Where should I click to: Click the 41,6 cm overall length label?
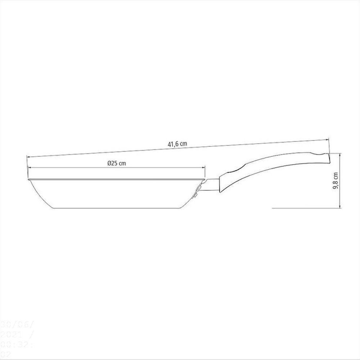(177, 144)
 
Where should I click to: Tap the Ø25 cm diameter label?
(117, 163)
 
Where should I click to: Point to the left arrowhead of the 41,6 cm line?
(27, 156)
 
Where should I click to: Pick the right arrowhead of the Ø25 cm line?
(204, 168)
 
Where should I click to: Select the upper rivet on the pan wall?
(199, 187)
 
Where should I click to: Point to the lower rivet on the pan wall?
(195, 195)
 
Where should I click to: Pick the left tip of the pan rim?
(28, 179)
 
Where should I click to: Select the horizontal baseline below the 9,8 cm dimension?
(306, 208)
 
